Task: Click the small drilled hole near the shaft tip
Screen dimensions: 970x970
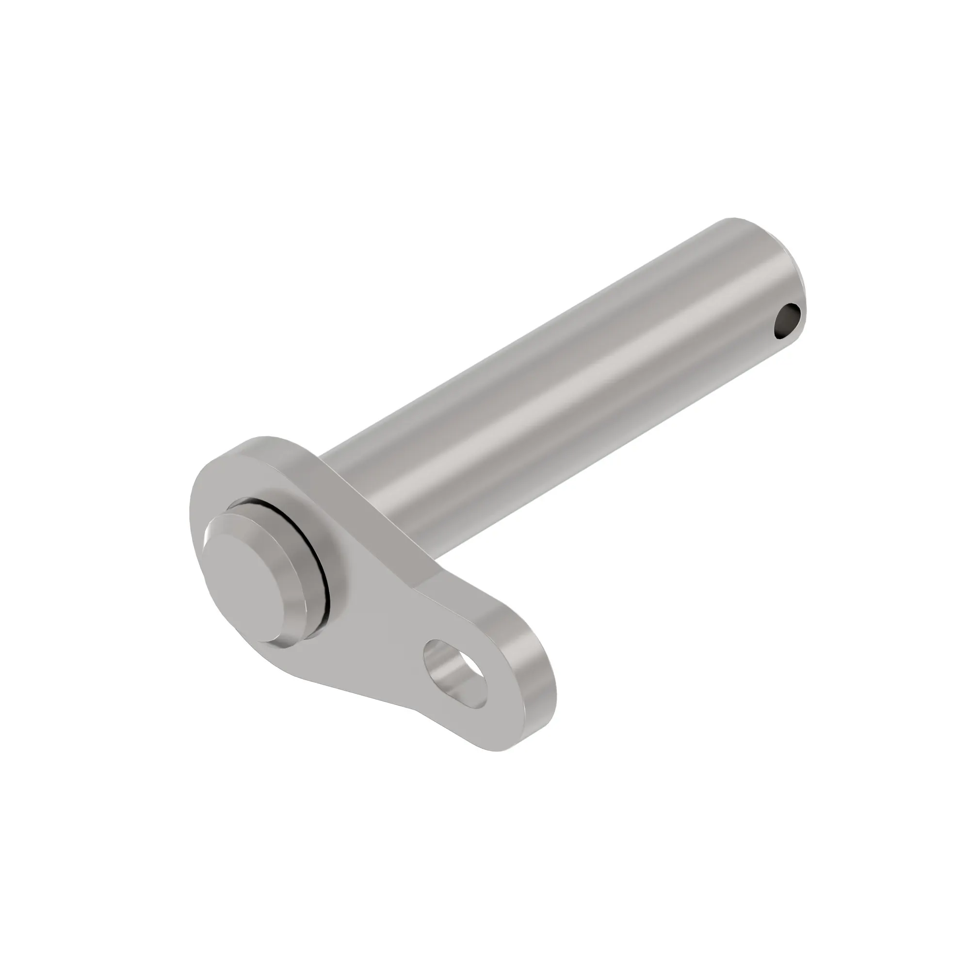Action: click(x=787, y=322)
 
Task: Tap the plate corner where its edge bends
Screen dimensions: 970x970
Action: click(x=422, y=587)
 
